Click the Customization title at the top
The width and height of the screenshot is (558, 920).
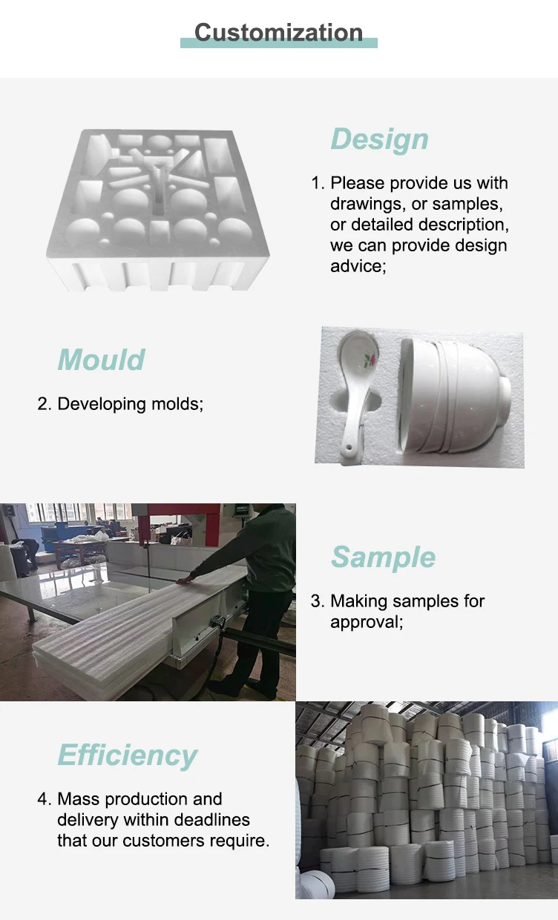coord(278,33)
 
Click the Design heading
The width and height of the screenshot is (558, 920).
coord(379,139)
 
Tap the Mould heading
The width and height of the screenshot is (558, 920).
coord(101,360)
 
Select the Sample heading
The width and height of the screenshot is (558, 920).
coord(383,557)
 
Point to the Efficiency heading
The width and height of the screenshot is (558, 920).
coord(128,755)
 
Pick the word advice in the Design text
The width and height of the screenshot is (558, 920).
coord(358,266)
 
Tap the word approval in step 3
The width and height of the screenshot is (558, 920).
coord(366,622)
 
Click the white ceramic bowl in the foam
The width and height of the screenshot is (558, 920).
coord(454,397)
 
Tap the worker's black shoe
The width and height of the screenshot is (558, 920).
coord(223,687)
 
